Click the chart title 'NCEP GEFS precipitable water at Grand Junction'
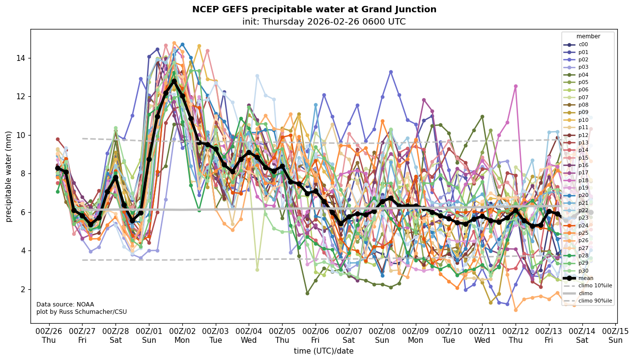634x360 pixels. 314,9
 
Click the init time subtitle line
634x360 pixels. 324,22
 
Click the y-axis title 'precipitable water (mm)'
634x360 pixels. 9,176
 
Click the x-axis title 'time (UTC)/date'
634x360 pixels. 323,351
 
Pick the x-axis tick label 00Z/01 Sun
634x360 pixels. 149,335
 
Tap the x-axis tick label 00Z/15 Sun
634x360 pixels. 616,335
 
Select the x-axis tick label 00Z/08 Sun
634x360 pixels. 382,335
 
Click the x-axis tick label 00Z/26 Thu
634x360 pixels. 49,335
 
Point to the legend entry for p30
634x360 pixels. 583,271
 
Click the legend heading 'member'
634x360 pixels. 588,36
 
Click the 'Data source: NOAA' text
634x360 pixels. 65,305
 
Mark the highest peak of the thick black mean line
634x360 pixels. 174,81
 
